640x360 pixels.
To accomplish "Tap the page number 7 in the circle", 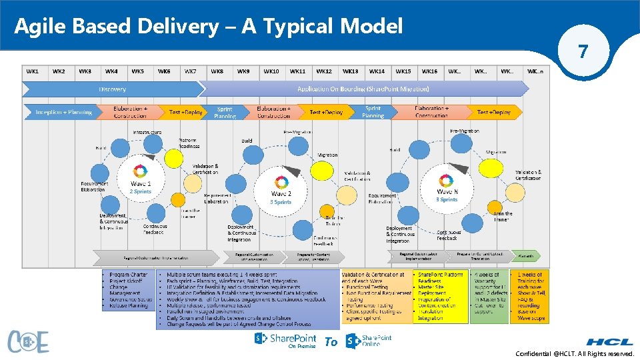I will [x=583, y=51].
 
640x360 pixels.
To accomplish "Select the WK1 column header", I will [x=33, y=71].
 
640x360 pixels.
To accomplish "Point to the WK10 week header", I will [x=271, y=71].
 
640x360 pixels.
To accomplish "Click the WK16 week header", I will [x=429, y=71].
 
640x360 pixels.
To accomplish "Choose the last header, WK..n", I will [x=535, y=71].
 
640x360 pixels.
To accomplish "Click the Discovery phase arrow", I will [x=112, y=89].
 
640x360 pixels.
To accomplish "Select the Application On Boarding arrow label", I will [x=363, y=89].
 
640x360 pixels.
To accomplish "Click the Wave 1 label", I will [x=140, y=183].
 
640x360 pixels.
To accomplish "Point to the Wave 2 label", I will [x=281, y=193].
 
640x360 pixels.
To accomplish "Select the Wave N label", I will [x=447, y=191].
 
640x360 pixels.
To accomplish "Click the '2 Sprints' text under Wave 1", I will [x=140, y=191].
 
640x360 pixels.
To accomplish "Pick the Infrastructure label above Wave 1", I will [x=147, y=133].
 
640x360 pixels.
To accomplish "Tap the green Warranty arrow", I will [x=526, y=256].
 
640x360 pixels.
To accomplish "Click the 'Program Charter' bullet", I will [x=129, y=275].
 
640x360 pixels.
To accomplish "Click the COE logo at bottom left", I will [x=28, y=341].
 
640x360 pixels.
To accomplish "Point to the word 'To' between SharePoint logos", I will [x=331, y=342].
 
